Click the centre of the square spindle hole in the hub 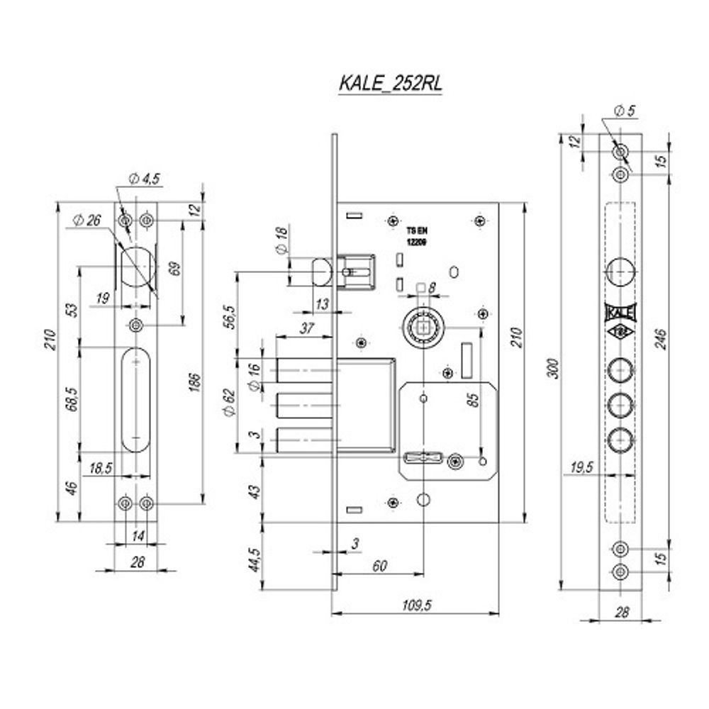[x=424, y=326]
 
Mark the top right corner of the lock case [x=498, y=203]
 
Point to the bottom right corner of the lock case [x=498, y=523]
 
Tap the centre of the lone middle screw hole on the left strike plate [x=136, y=325]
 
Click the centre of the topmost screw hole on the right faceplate [x=620, y=151]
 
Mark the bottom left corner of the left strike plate [x=114, y=522]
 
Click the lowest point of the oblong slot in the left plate [x=136, y=452]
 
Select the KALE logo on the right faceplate [x=620, y=313]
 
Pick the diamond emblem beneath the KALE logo [x=620, y=333]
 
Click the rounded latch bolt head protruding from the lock [x=322, y=272]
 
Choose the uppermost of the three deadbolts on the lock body [x=304, y=370]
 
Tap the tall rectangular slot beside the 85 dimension [x=467, y=360]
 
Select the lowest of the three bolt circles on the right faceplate [x=620, y=440]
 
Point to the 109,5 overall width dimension [x=417, y=605]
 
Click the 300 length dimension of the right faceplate [x=554, y=368]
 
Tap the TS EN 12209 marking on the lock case [x=417, y=237]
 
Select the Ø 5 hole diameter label [x=625, y=111]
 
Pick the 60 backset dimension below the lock [x=380, y=566]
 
